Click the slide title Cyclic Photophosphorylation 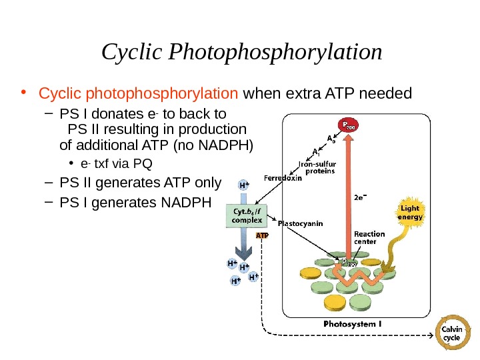[x=242, y=52]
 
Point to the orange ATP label [x=262, y=235]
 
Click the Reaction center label [x=369, y=238]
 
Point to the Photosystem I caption [x=352, y=324]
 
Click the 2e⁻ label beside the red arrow [x=359, y=197]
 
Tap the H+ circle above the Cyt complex [x=245, y=184]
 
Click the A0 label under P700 [x=331, y=139]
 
